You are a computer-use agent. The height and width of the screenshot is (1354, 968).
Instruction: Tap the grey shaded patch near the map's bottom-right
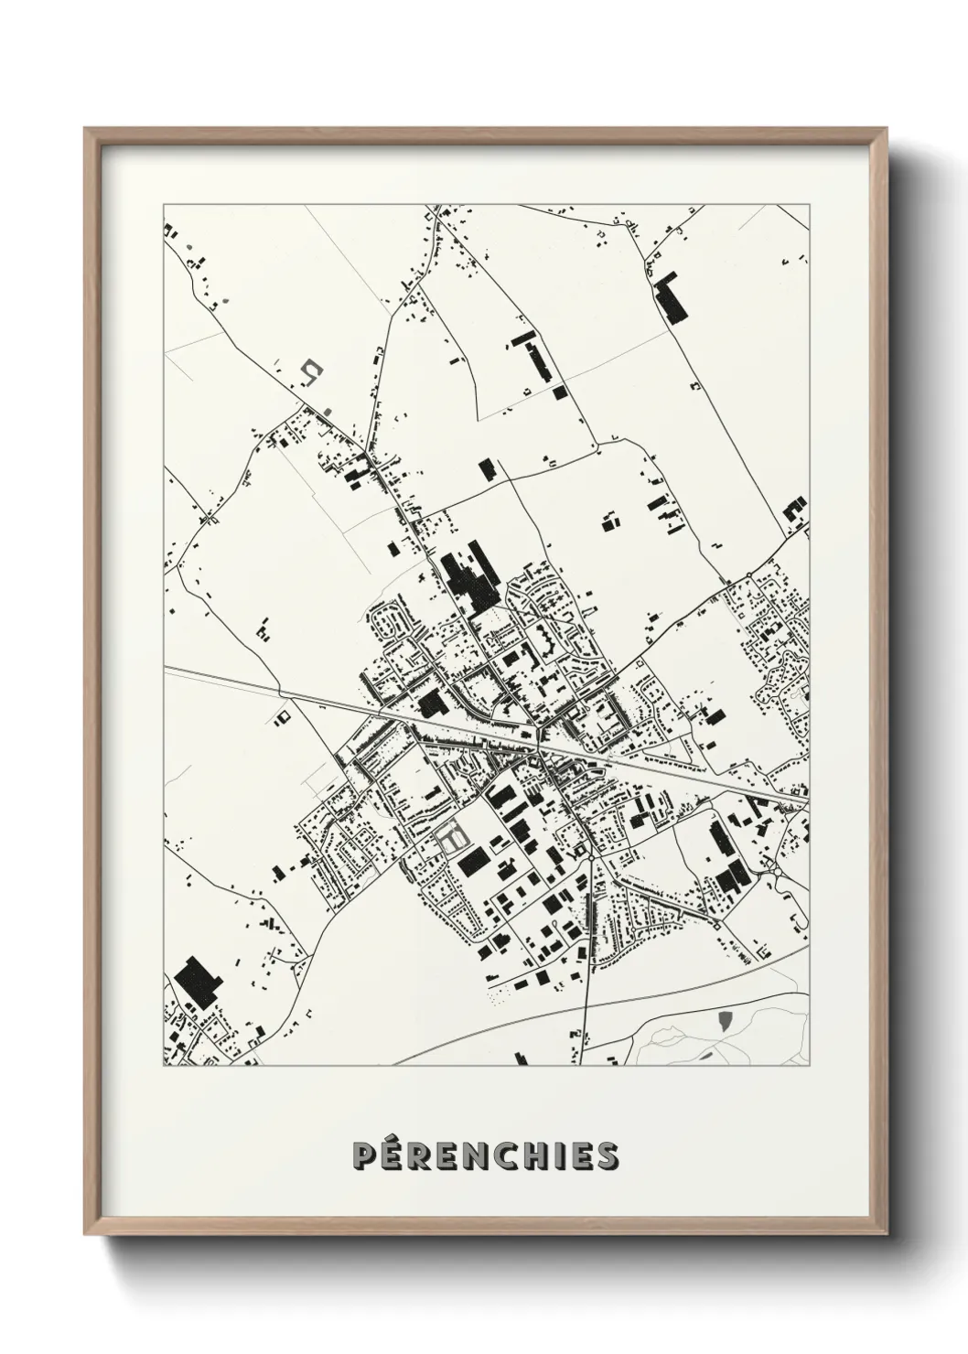725,1020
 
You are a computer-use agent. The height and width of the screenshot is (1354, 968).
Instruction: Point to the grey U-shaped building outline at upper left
312,370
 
